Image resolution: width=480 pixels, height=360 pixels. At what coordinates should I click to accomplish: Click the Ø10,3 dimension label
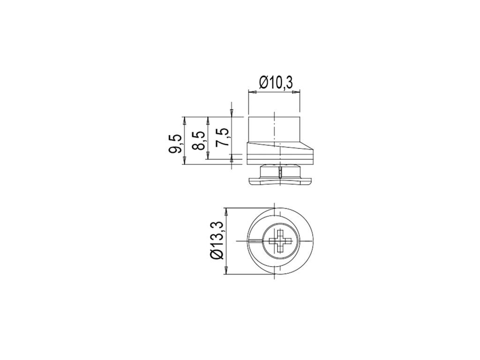pos(276,82)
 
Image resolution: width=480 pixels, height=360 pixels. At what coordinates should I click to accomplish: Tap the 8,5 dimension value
pos(198,141)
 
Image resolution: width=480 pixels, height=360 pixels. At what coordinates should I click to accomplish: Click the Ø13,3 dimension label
pos(218,240)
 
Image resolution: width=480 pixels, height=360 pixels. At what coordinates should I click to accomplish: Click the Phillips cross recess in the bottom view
pos(279,241)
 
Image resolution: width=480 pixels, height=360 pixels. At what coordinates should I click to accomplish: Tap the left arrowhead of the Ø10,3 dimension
pos(252,91)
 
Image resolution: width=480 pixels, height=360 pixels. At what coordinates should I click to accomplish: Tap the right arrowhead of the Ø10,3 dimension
pos(296,91)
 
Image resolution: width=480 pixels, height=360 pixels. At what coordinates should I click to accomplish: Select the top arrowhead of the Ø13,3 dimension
pos(226,212)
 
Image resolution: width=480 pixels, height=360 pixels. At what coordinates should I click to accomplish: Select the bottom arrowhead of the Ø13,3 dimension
pos(226,270)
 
